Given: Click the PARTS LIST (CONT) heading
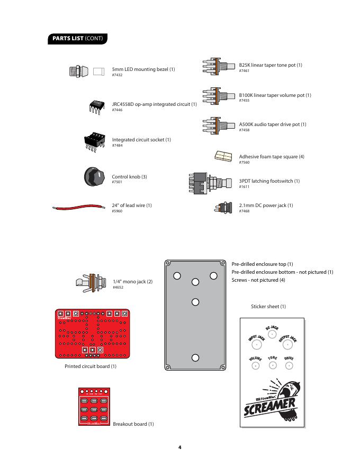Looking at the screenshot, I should [x=78, y=39].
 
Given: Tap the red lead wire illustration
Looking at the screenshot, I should [x=79, y=207].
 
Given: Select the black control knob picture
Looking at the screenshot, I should [x=96, y=177].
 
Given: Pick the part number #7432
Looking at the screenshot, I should [x=117, y=75].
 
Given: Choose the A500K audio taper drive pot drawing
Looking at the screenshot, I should [x=218, y=126].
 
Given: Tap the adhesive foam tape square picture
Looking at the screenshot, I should [x=223, y=155].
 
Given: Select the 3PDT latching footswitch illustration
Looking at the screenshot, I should [x=210, y=183].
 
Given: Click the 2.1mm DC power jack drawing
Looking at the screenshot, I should [x=223, y=207].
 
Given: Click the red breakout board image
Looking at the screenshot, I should [x=95, y=406].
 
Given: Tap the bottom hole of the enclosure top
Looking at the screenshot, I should [x=195, y=357].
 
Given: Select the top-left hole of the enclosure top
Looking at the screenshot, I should [x=177, y=275].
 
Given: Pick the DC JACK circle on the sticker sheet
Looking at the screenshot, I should [x=272, y=334].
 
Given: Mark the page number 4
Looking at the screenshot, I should [x=180, y=447].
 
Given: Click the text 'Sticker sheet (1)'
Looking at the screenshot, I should [x=268, y=307].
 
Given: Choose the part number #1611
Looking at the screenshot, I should [x=244, y=187].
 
